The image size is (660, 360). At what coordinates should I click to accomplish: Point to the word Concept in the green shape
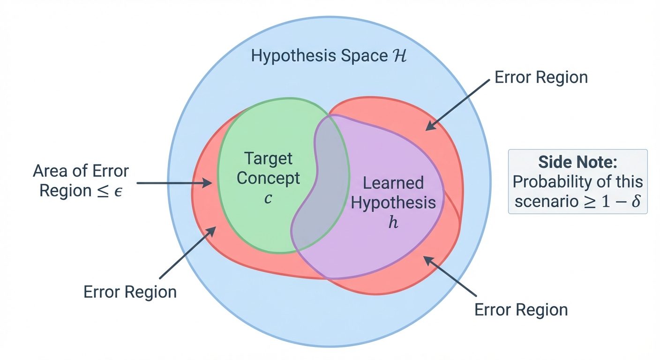[268, 179]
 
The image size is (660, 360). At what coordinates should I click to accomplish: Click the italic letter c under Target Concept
[268, 198]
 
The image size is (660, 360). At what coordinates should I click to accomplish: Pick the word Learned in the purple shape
[393, 183]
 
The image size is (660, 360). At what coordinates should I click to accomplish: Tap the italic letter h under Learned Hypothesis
[393, 222]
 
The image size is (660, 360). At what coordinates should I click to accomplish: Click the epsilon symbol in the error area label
[118, 191]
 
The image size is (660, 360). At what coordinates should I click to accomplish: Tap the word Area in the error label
[51, 172]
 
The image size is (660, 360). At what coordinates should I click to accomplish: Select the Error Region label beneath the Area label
[130, 292]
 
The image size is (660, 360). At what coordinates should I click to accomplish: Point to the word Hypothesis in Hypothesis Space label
[294, 56]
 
